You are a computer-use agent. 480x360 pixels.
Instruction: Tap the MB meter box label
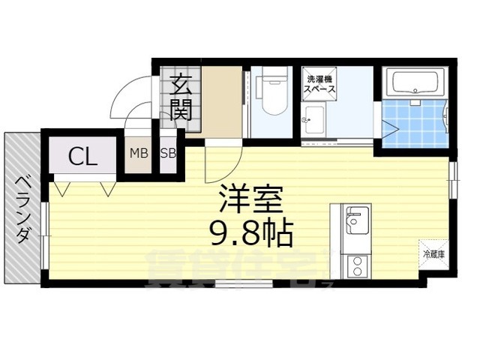pyautogui.click(x=138, y=154)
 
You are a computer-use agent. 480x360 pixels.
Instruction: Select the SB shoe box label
pyautogui.click(x=167, y=154)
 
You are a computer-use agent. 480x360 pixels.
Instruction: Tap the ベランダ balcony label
pyautogui.click(x=23, y=211)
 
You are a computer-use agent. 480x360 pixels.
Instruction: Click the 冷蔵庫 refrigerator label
pyautogui.click(x=433, y=255)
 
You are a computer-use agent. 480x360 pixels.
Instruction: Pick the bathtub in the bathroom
pyautogui.click(x=415, y=82)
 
